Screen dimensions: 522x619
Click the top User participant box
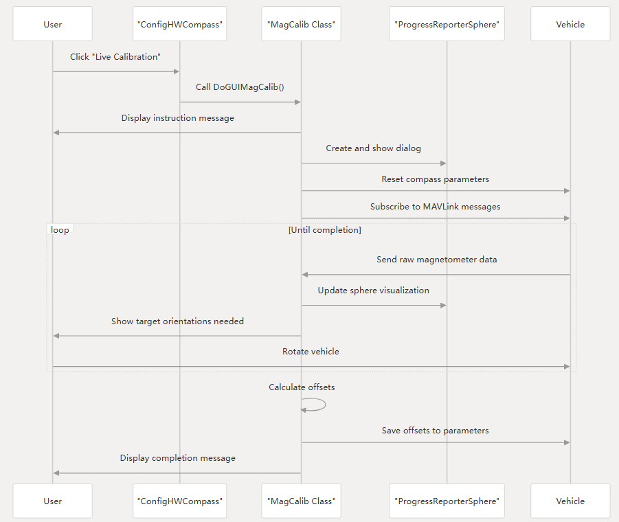point(52,24)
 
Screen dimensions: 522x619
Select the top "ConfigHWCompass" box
point(180,24)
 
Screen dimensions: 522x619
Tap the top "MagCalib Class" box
point(301,24)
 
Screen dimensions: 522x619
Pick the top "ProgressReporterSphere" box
point(447,24)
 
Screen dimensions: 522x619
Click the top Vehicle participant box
point(570,24)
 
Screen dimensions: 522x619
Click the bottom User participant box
point(52,501)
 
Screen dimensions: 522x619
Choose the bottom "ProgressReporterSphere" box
point(447,501)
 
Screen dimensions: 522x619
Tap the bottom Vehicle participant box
point(570,501)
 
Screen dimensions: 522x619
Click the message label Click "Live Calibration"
point(115,57)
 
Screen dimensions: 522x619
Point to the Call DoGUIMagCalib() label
point(240,87)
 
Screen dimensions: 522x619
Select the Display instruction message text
point(177,118)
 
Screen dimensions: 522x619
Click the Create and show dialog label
point(373,148)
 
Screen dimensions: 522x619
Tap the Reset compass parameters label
point(436,179)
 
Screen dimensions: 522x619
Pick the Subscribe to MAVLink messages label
point(435,207)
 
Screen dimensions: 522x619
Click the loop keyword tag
point(60,230)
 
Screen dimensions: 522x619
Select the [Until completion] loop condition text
point(324,230)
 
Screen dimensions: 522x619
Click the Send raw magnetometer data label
point(436,260)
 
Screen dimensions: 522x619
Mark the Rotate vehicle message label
point(311,352)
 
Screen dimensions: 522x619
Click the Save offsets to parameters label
point(436,431)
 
